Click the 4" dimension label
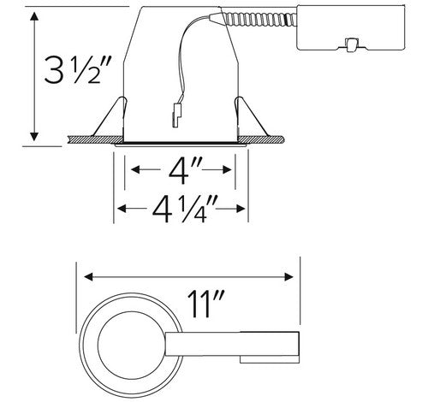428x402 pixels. (181, 170)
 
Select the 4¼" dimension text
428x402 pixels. (181, 208)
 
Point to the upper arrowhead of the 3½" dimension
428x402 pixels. (33, 19)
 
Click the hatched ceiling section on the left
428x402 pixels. (90, 136)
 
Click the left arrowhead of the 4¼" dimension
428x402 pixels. (120, 208)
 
